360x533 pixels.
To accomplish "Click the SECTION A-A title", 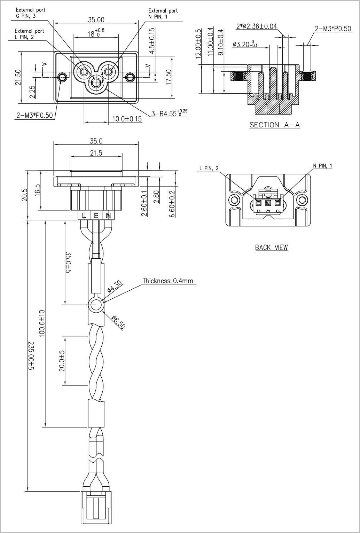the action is (275, 125).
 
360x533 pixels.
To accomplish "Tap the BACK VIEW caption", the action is (272, 248).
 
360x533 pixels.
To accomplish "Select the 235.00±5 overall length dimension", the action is (31, 355).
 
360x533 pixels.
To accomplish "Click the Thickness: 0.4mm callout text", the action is (168, 281).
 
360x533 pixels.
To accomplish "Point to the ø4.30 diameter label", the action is (115, 286).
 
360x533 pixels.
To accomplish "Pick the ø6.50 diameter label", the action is (118, 322).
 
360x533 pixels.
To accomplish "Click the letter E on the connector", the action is (96, 216).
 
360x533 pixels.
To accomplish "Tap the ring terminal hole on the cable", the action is (96, 305).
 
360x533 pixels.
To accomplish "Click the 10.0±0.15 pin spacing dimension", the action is (127, 118).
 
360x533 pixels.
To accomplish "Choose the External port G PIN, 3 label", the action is (30, 13).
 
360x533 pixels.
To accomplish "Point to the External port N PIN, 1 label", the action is (163, 14).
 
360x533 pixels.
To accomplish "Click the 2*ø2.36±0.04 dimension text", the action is (257, 26).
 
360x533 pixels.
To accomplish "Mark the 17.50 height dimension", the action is (168, 77).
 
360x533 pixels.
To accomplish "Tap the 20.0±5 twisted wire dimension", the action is (62, 361).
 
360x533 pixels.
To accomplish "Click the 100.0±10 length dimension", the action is (42, 323).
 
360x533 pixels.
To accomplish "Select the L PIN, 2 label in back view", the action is (209, 168).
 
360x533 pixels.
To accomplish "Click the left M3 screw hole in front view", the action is (62, 77).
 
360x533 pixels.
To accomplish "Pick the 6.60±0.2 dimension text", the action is (172, 204).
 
